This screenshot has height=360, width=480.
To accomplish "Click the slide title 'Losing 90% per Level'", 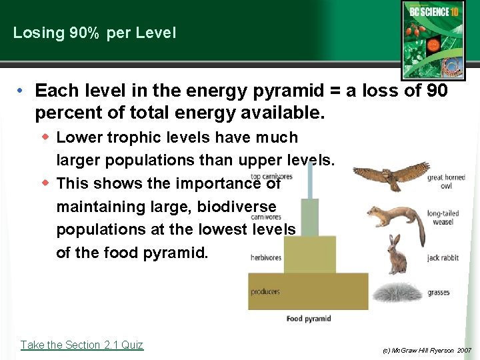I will click(x=95, y=33).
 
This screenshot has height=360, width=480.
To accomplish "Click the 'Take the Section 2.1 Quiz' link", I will click(x=81, y=345).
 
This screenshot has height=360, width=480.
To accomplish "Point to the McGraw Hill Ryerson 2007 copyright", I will click(x=427, y=350).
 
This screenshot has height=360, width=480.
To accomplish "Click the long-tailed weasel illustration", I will click(x=395, y=221).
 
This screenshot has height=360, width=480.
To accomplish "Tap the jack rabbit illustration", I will click(x=397, y=255).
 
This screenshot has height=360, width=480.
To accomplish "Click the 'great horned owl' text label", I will click(x=445, y=181).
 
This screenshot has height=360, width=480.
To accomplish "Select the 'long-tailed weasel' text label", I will click(x=443, y=217).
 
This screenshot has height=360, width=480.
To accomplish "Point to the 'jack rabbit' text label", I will click(x=443, y=257).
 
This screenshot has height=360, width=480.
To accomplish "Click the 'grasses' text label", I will click(x=439, y=293).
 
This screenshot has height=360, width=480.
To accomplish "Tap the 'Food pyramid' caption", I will click(x=309, y=319).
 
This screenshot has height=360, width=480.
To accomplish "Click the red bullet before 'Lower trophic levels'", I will click(x=46, y=137).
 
